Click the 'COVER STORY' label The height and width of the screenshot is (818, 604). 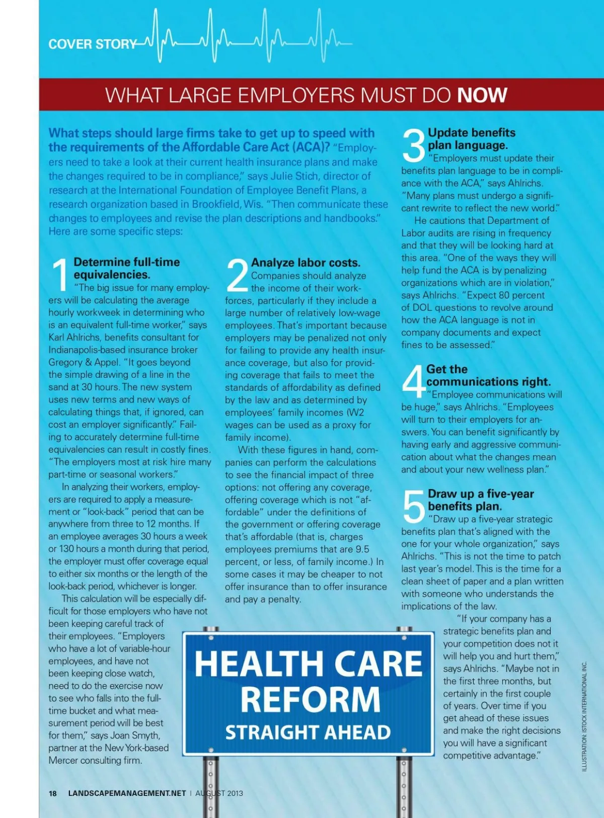coord(92,44)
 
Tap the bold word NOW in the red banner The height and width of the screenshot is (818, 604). coord(482,95)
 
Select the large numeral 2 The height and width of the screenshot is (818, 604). coord(237,275)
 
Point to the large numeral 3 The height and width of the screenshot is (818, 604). coord(414,146)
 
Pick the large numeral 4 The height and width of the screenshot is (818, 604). coord(413,381)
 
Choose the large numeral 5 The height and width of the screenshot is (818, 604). coord(414,507)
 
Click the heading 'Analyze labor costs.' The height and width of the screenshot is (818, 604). coord(306,263)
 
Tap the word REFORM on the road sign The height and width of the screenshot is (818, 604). coord(310,700)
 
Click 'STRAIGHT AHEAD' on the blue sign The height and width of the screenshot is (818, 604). coord(308,732)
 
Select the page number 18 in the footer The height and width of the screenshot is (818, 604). coord(53,793)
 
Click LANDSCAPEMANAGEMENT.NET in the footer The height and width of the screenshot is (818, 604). coord(127,793)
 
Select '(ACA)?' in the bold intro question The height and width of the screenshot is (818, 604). coord(311,147)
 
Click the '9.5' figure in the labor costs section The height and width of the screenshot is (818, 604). coord(362,549)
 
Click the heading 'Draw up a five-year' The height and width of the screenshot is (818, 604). coord(481,494)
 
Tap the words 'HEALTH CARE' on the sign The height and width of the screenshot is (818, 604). coord(308,664)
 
